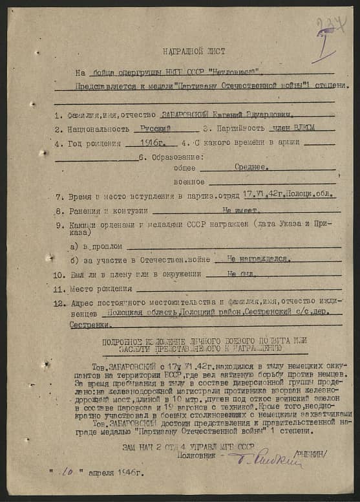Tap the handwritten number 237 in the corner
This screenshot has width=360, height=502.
(x=330, y=28)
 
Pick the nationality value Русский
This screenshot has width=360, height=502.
(x=156, y=129)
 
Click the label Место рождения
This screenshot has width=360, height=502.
(x=101, y=288)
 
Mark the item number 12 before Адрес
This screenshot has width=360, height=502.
(x=60, y=302)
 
